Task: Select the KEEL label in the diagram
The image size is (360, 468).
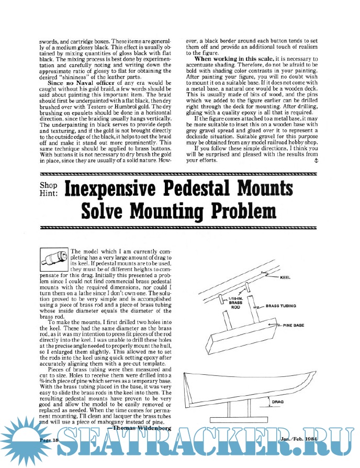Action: tap(286, 277)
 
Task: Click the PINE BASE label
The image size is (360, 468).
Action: tap(295, 325)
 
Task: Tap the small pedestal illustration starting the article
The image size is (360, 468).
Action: tap(54, 259)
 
